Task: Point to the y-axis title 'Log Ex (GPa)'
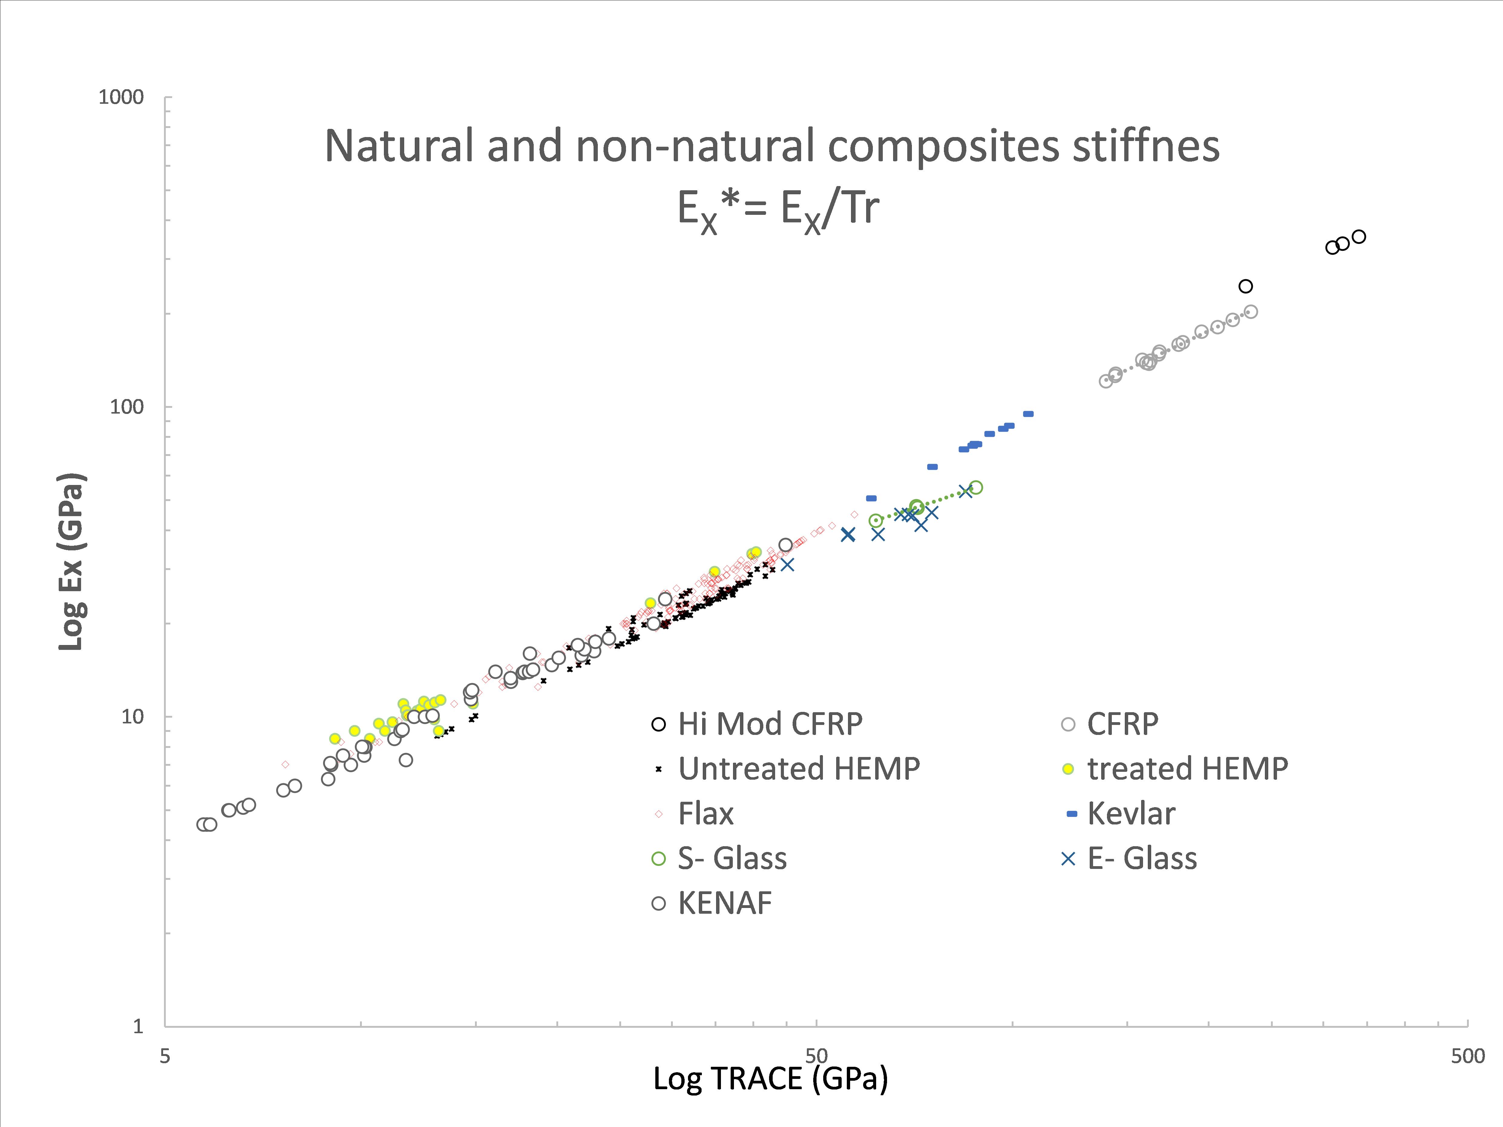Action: coord(71,561)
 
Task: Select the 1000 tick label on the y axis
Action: coord(121,97)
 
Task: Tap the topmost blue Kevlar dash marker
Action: coord(1028,414)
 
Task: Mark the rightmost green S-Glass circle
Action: coord(976,487)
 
